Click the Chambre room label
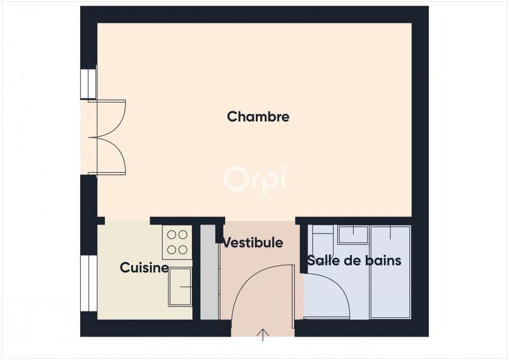258,117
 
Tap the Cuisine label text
144,268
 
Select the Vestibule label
252,242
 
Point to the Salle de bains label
354,261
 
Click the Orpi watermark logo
254,177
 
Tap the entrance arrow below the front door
263,335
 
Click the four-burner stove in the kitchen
178,242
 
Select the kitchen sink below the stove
181,287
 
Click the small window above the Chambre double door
88,83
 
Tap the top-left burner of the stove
172,235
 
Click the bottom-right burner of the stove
184,250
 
